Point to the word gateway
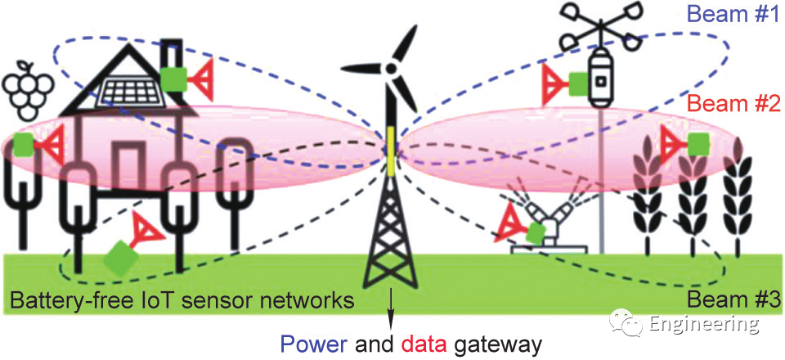(500, 344)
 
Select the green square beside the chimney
(173, 79)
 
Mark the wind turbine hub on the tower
(391, 70)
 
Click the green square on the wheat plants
(698, 143)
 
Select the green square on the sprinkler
(535, 232)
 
